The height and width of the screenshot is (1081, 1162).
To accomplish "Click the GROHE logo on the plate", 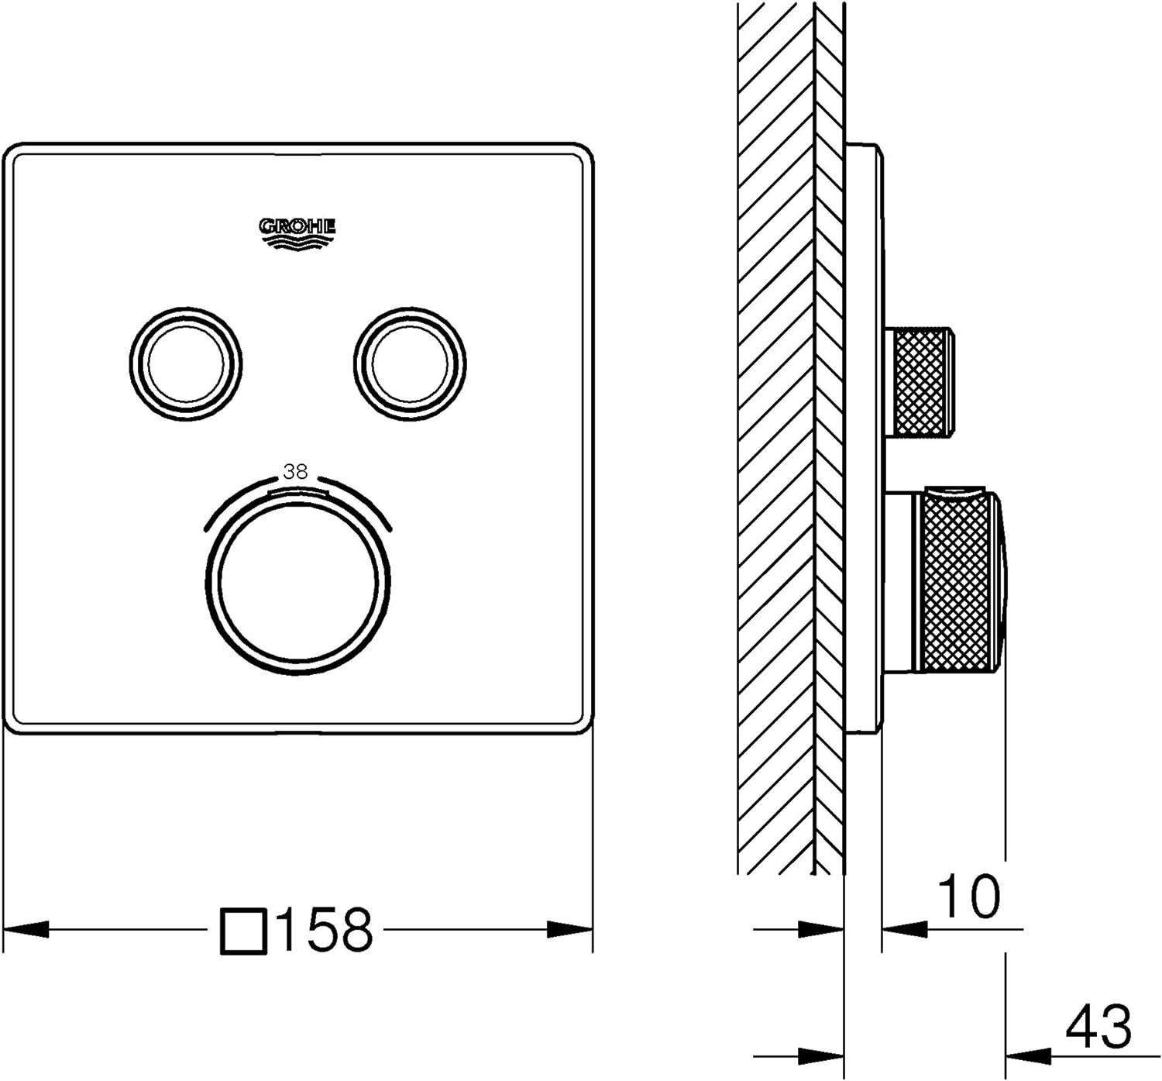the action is click(x=297, y=235).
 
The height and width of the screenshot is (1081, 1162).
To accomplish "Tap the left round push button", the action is click(x=185, y=363).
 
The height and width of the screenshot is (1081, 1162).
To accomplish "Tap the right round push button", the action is click(x=410, y=363).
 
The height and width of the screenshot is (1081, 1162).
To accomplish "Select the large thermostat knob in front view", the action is click(x=297, y=583).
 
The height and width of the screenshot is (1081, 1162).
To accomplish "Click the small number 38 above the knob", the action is click(x=295, y=472).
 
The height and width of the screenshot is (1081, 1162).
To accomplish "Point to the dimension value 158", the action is click(x=325, y=929).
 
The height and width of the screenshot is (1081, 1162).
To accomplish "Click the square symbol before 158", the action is click(x=244, y=931).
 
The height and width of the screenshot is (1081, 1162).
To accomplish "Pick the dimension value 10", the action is click(x=969, y=896).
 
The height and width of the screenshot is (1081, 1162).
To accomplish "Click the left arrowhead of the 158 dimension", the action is click(x=26, y=929).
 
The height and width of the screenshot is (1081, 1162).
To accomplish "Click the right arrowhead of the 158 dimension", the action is click(x=570, y=929).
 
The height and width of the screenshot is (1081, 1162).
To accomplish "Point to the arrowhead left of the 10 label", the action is click(x=905, y=929).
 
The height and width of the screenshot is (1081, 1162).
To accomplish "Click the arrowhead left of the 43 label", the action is click(x=1028, y=1057).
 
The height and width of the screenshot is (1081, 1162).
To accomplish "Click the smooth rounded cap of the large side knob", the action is click(x=1002, y=580).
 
